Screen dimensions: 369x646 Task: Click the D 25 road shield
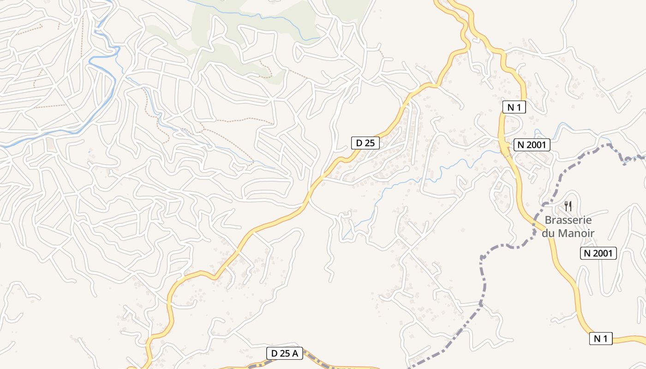click(365, 143)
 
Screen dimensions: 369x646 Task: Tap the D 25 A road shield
click(285, 354)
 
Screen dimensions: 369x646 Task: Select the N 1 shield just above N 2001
click(514, 107)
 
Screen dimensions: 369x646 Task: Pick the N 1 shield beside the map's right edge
click(600, 339)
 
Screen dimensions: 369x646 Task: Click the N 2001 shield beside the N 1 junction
click(532, 145)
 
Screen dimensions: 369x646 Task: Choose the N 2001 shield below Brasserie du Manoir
click(598, 253)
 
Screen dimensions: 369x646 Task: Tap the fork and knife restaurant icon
click(568, 206)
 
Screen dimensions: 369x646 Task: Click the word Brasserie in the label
click(568, 220)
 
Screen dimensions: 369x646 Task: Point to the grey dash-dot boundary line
click(482, 277)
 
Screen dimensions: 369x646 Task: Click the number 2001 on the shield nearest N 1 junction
click(537, 145)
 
